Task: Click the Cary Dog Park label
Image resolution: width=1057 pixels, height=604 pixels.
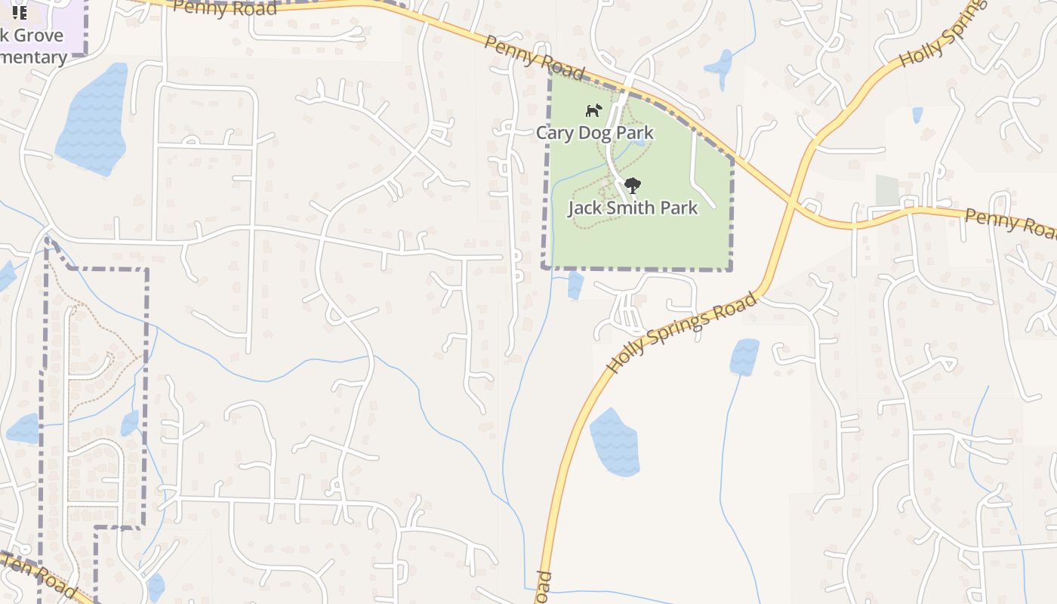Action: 595,133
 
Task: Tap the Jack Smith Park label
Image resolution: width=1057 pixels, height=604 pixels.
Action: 633,208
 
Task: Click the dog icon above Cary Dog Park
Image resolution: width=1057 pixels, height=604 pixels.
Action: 594,110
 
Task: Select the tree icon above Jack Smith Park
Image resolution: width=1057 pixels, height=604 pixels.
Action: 633,185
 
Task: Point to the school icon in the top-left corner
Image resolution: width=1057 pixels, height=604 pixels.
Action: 20,13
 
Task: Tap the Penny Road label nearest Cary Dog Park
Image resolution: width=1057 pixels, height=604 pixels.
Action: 535,57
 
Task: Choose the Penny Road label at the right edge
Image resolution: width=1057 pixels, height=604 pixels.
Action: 1010,223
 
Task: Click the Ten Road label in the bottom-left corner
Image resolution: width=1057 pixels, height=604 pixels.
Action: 38,575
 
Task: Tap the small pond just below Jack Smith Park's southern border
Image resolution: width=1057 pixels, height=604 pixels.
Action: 575,285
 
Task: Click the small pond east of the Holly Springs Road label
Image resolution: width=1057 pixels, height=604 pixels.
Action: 744,356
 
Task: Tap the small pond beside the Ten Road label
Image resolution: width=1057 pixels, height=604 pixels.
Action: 156,586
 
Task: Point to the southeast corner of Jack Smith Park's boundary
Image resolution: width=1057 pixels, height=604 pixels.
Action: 732,268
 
